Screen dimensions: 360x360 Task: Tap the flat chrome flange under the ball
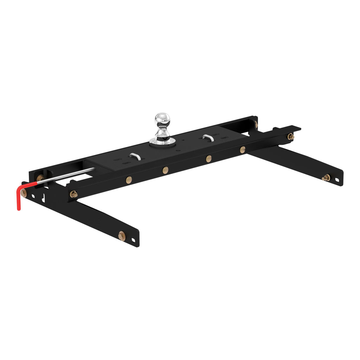click(x=162, y=141)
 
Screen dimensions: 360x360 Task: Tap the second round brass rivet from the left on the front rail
click(x=165, y=170)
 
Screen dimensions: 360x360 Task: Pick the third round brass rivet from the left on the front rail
click(x=209, y=159)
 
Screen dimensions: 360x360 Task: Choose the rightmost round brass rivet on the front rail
click(x=243, y=149)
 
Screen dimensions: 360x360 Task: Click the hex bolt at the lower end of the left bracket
click(x=122, y=236)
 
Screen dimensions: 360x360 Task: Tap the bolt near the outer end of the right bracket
click(x=326, y=178)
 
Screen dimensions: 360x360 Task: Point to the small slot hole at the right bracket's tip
click(x=337, y=180)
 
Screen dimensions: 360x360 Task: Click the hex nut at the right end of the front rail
click(x=290, y=136)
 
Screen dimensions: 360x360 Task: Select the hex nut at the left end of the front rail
click(x=73, y=194)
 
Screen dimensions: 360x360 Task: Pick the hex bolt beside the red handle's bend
click(x=24, y=193)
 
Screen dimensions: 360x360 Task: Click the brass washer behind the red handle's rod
click(x=40, y=178)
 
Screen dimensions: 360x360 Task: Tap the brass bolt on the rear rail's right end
click(x=256, y=124)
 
